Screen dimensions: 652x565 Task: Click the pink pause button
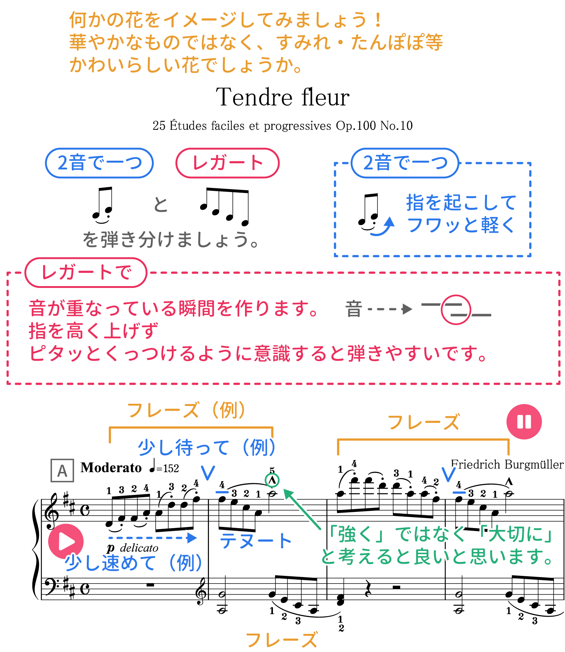pos(524,421)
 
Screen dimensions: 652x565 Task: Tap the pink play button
pos(66,541)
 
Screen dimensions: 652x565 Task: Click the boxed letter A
pos(62,470)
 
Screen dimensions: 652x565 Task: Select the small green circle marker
pos(272,480)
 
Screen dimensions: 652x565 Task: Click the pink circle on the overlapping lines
pos(456,310)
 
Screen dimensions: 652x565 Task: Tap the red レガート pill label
pos(227,163)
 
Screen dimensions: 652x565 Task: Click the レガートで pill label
pos(86,272)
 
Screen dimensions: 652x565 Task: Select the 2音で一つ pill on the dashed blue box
pos(405,163)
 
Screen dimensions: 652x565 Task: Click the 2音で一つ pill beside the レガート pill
pos(99,163)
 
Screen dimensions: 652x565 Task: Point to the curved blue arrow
pos(384,226)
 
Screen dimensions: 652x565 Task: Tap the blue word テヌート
pos(256,541)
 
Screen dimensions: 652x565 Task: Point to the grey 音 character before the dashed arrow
pos(353,309)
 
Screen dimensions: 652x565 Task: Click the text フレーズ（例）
pos(186,410)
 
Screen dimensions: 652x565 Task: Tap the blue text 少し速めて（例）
pos(133,563)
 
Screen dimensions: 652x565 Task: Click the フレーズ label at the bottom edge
pos(282,640)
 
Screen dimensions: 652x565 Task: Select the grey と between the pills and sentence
pos(161,204)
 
